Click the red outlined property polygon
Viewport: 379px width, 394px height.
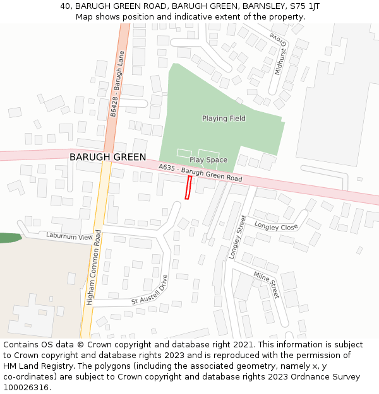coord(188,187)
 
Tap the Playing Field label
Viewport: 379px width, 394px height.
coord(224,119)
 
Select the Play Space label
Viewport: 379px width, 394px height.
coord(208,160)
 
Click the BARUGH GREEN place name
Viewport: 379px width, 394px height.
coord(107,157)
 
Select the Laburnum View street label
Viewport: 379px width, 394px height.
coord(69,236)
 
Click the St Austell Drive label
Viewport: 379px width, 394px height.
coord(150,289)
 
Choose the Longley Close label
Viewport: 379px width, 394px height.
coord(276,226)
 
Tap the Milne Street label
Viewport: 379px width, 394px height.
coord(266,284)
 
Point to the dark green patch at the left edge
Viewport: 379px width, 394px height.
coord(9,238)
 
